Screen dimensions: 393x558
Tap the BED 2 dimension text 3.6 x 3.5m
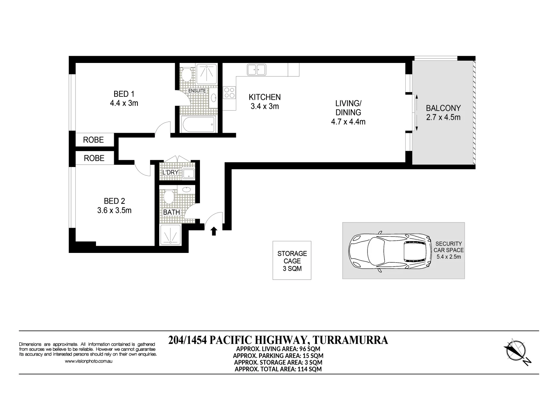click(114, 210)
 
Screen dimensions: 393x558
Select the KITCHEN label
click(264, 97)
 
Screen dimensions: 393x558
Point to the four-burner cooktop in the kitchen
click(229, 92)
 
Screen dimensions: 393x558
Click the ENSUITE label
click(197, 91)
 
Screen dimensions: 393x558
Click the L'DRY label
click(170, 172)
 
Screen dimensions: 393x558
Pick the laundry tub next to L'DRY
click(188, 174)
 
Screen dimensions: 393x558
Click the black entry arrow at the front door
click(214, 231)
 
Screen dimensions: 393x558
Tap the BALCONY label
click(443, 108)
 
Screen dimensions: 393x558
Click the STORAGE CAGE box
click(292, 261)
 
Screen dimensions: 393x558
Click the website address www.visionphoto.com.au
click(88, 361)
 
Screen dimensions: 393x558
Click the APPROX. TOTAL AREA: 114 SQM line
click(278, 369)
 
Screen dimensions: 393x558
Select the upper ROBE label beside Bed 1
click(93, 140)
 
